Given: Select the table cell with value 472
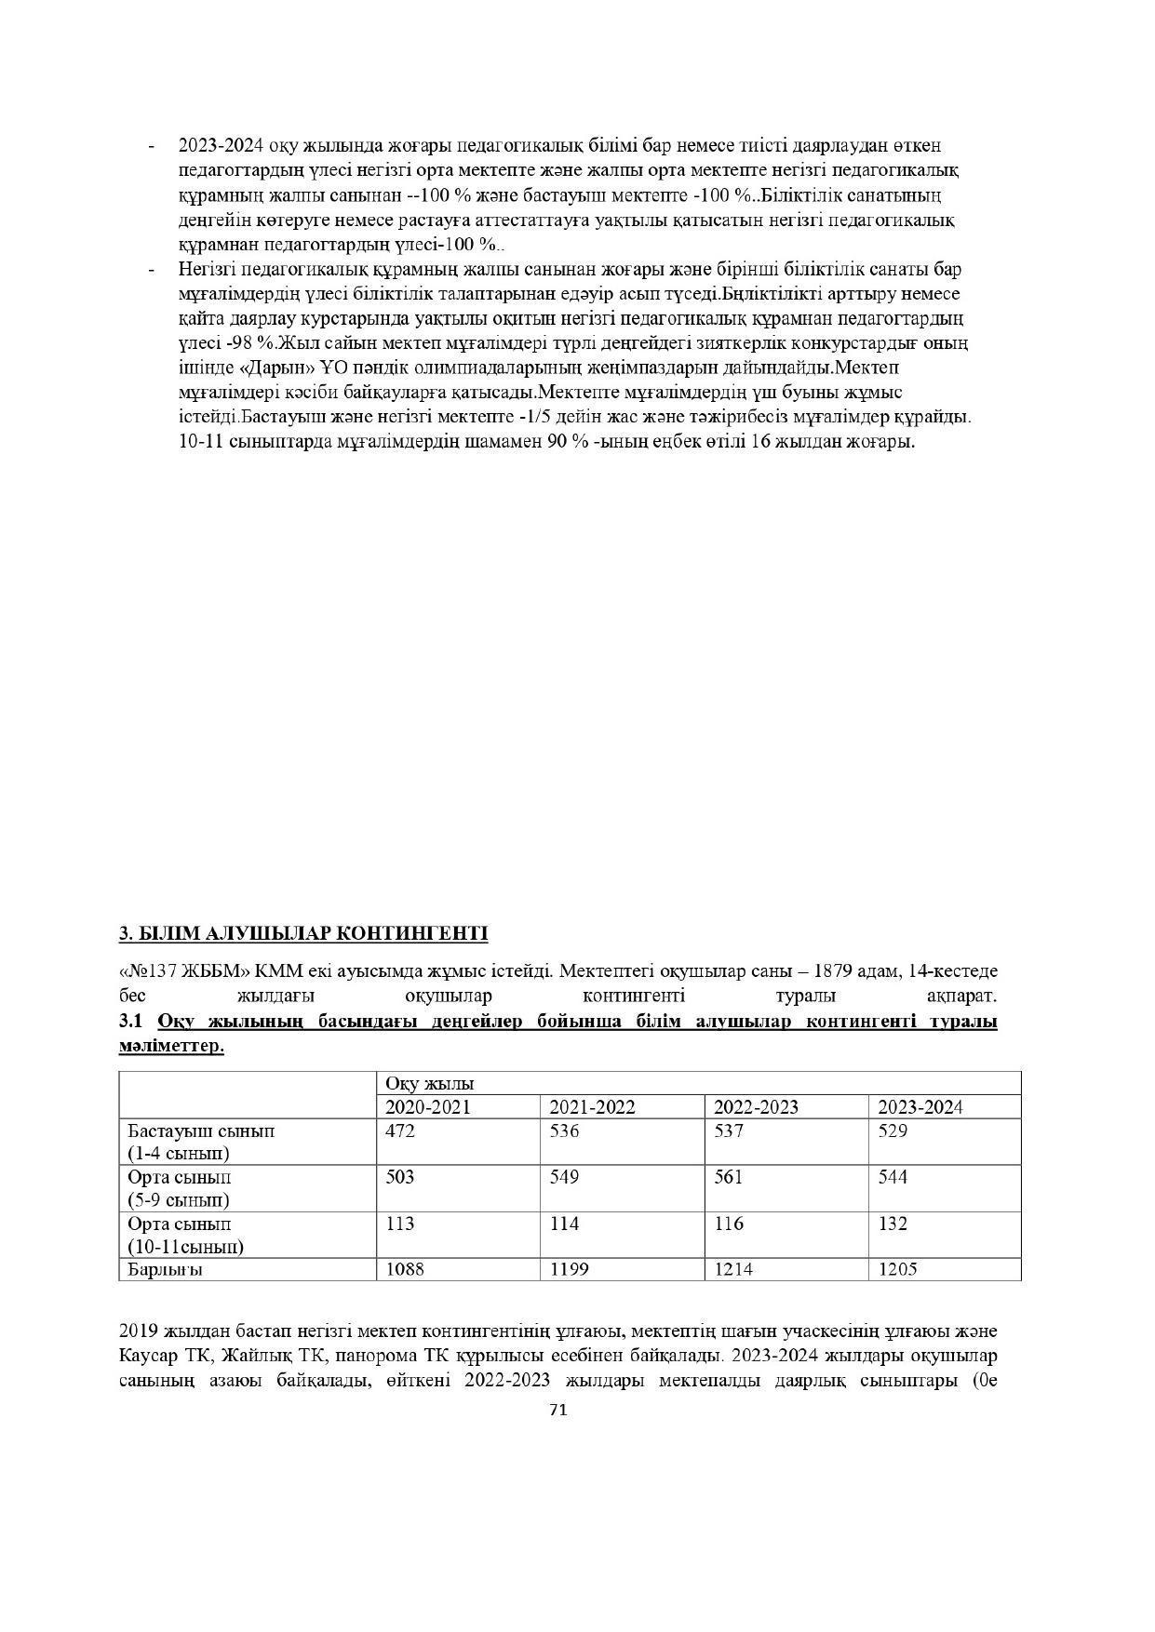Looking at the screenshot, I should [401, 1131].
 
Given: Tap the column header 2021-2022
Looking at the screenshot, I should [592, 1107].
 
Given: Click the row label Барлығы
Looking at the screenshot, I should [166, 1269].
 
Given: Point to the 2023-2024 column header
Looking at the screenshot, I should [920, 1107].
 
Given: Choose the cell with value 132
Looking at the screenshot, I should [893, 1224].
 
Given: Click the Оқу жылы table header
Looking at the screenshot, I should [430, 1084].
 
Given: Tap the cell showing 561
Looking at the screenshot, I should [729, 1177].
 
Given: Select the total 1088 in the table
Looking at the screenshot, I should [405, 1269].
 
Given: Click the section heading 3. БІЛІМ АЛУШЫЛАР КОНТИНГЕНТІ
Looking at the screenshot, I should [303, 933].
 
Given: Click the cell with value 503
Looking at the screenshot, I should [401, 1177].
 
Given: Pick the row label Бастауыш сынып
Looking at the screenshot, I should [201, 1131].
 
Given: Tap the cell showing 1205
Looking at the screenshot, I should [898, 1269].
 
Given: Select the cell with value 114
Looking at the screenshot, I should [564, 1224].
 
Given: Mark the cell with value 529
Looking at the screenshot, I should [893, 1131].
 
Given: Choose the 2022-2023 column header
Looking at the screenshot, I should [756, 1107].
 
